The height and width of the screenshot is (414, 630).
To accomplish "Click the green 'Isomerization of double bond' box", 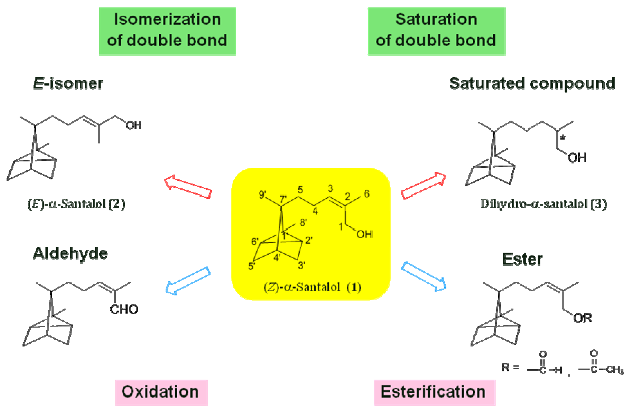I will pyautogui.click(x=167, y=31).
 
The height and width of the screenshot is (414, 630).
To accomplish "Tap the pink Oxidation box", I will pyautogui.click(x=161, y=392).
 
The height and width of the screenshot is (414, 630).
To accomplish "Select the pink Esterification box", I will pyautogui.click(x=434, y=392).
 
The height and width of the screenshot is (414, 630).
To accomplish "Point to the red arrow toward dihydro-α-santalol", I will pyautogui.click(x=423, y=185).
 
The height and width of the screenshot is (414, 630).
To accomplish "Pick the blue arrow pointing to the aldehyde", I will pyautogui.click(x=188, y=280).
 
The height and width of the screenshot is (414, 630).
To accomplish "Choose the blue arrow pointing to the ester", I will pyautogui.click(x=424, y=276).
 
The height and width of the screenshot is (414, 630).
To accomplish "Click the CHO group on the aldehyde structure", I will pyautogui.click(x=124, y=309).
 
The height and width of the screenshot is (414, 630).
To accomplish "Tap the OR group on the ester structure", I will pyautogui.click(x=582, y=318).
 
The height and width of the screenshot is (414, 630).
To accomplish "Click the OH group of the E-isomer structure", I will pyautogui.click(x=134, y=125).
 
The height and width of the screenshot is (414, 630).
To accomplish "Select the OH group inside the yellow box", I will pyautogui.click(x=364, y=234).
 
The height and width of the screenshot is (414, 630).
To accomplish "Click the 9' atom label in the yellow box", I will pyautogui.click(x=262, y=195).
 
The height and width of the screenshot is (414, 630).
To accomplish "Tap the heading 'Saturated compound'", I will pyautogui.click(x=532, y=84).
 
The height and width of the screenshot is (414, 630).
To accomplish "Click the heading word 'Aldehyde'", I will pyautogui.click(x=70, y=254).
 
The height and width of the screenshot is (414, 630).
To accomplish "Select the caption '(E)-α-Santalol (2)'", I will pyautogui.click(x=76, y=204).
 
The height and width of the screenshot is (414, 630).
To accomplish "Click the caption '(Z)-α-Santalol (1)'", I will pyautogui.click(x=312, y=287).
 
